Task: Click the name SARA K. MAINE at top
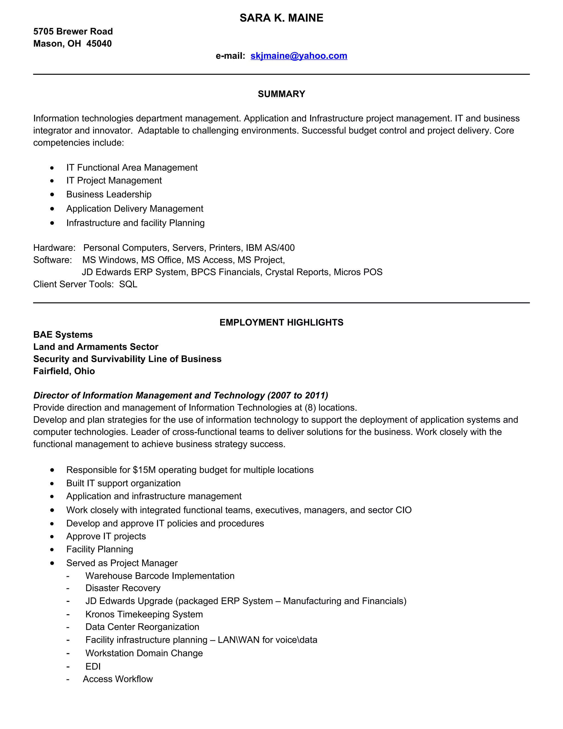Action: point(281,18)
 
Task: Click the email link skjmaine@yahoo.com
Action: point(299,56)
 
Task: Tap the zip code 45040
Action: point(99,44)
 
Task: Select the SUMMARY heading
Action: point(281,94)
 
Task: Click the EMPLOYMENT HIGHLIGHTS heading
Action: point(281,322)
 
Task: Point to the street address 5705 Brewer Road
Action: point(73,31)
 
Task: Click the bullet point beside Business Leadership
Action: point(52,194)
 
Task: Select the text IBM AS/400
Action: point(270,248)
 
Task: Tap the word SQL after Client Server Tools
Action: point(128,284)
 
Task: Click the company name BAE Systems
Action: point(63,335)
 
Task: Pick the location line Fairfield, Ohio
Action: point(64,371)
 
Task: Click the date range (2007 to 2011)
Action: point(297,395)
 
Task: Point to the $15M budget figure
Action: point(144,470)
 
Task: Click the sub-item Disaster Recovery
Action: point(123,588)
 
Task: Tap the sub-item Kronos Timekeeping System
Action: point(144,614)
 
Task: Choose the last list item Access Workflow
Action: point(118,679)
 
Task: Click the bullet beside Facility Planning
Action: point(52,549)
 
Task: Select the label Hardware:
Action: point(54,248)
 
